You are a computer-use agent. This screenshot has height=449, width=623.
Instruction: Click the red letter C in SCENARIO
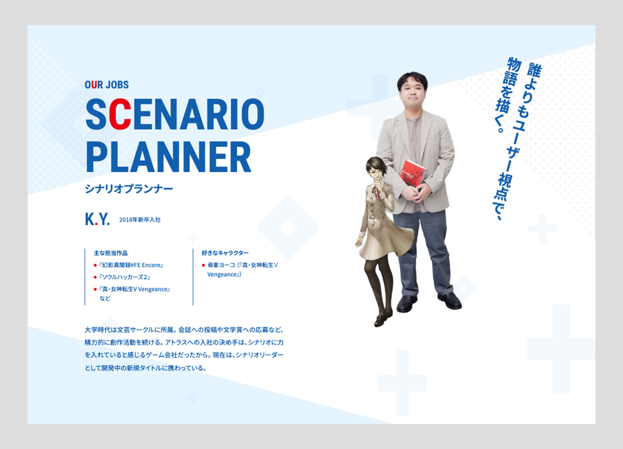click(120, 114)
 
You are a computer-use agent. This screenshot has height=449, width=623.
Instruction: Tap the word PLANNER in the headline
click(169, 157)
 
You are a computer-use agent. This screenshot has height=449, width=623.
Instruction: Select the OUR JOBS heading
click(107, 85)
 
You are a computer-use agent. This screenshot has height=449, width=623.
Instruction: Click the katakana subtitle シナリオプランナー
click(129, 189)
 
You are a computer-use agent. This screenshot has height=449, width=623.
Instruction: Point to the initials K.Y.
click(97, 219)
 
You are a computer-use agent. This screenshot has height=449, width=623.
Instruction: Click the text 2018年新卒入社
click(140, 219)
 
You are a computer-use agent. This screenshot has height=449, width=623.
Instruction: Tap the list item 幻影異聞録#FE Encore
click(131, 265)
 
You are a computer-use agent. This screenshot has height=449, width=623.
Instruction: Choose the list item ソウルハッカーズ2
click(125, 277)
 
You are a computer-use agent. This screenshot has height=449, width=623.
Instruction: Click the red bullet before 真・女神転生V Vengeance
click(95, 289)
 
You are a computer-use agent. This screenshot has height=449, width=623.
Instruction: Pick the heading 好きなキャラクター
click(225, 253)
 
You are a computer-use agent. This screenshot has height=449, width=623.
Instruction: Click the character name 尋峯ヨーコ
click(221, 265)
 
